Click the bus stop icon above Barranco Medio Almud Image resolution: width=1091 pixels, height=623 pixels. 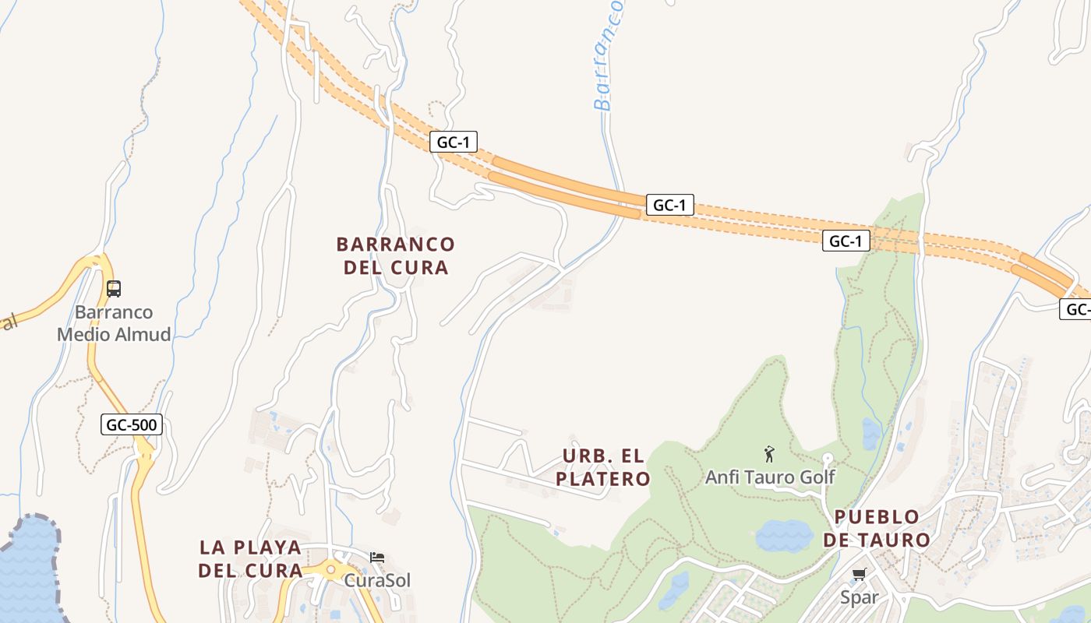tap(114, 289)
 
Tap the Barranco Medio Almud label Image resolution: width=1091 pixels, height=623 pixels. tap(114, 324)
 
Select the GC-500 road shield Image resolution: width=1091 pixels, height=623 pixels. tap(132, 424)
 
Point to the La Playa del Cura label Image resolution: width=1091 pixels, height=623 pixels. tap(250, 558)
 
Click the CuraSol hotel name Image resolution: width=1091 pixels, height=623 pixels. tap(377, 580)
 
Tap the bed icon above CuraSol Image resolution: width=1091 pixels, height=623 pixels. tap(377, 558)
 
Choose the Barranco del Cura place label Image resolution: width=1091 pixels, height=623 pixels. tap(395, 255)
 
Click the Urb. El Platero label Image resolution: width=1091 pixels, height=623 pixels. tap(604, 466)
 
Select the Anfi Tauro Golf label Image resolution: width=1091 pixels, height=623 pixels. tap(770, 477)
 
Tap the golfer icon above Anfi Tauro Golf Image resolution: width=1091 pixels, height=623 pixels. tap(770, 453)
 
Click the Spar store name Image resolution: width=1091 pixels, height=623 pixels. tap(859, 598)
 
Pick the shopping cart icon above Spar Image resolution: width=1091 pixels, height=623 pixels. tap(859, 575)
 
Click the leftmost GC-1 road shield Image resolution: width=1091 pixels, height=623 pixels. tap(453, 142)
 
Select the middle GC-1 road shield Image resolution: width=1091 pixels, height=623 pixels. tap(669, 205)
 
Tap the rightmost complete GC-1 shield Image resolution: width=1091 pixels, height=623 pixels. tap(846, 241)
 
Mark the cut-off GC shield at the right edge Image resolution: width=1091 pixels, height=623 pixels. tap(1076, 309)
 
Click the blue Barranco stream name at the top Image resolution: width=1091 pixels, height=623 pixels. tap(608, 55)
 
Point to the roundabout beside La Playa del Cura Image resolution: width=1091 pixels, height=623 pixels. tap(331, 569)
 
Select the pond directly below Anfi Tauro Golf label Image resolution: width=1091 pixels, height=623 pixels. tap(783, 536)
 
